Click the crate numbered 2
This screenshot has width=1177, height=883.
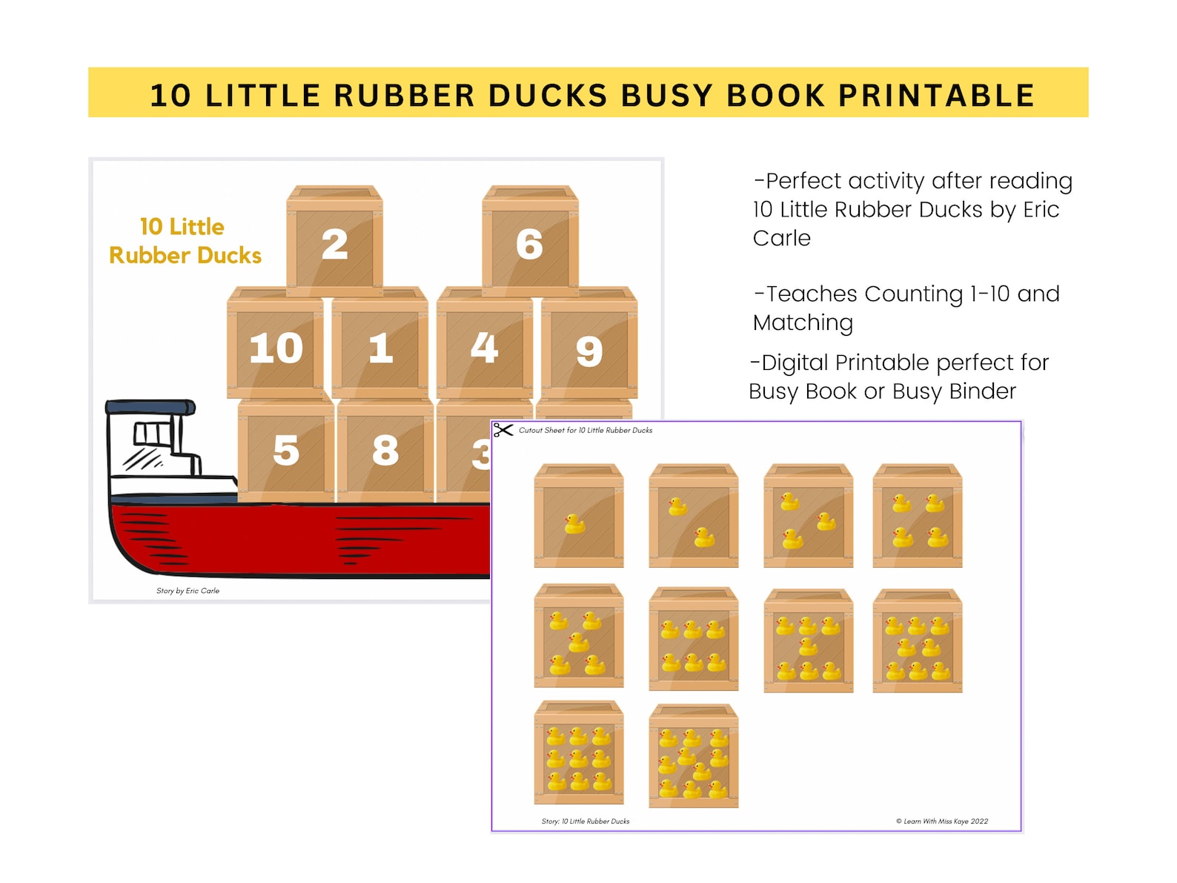pos(334,242)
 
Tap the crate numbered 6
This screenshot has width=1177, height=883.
pos(530,242)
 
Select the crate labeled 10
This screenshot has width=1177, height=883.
pos(276,345)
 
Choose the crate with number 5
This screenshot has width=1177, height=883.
pos(286,449)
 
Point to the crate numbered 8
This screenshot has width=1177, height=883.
pos(385,449)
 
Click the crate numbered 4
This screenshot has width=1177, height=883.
pos(485,345)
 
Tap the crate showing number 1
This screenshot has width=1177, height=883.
pos(380,345)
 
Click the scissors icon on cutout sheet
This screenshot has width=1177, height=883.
pos(503,430)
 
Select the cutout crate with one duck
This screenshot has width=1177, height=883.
pos(578,517)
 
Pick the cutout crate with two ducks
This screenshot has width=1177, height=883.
pos(693,517)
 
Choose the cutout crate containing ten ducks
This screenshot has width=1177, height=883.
pos(693,756)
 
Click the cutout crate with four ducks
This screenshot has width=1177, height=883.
pos(917,517)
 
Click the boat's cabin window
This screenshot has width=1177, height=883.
pos(151,434)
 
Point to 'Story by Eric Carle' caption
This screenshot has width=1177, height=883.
pos(188,591)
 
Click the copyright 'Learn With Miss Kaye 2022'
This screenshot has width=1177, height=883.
pos(941,821)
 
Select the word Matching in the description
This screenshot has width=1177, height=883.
pos(803,323)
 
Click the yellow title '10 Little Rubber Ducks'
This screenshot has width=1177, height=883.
pos(185,241)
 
